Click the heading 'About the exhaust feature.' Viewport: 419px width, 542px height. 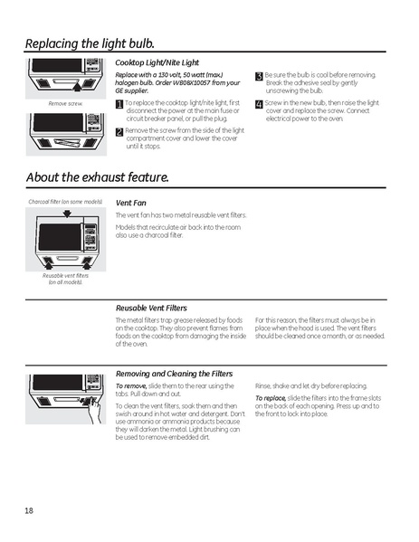coord(97,176)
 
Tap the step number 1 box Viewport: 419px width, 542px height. coord(119,105)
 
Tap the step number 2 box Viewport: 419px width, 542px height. coord(119,131)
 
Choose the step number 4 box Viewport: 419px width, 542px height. coord(259,104)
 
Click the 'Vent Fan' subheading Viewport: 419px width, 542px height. coord(131,203)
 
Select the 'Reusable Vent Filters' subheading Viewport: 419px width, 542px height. coord(151,308)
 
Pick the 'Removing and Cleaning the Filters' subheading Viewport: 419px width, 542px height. coord(174,373)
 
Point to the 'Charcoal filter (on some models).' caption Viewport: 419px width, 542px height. coord(65,201)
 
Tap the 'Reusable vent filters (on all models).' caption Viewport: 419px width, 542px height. coord(64,279)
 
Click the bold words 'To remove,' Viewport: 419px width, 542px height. coord(131,385)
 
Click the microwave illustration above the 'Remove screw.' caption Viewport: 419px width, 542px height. coord(65,77)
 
